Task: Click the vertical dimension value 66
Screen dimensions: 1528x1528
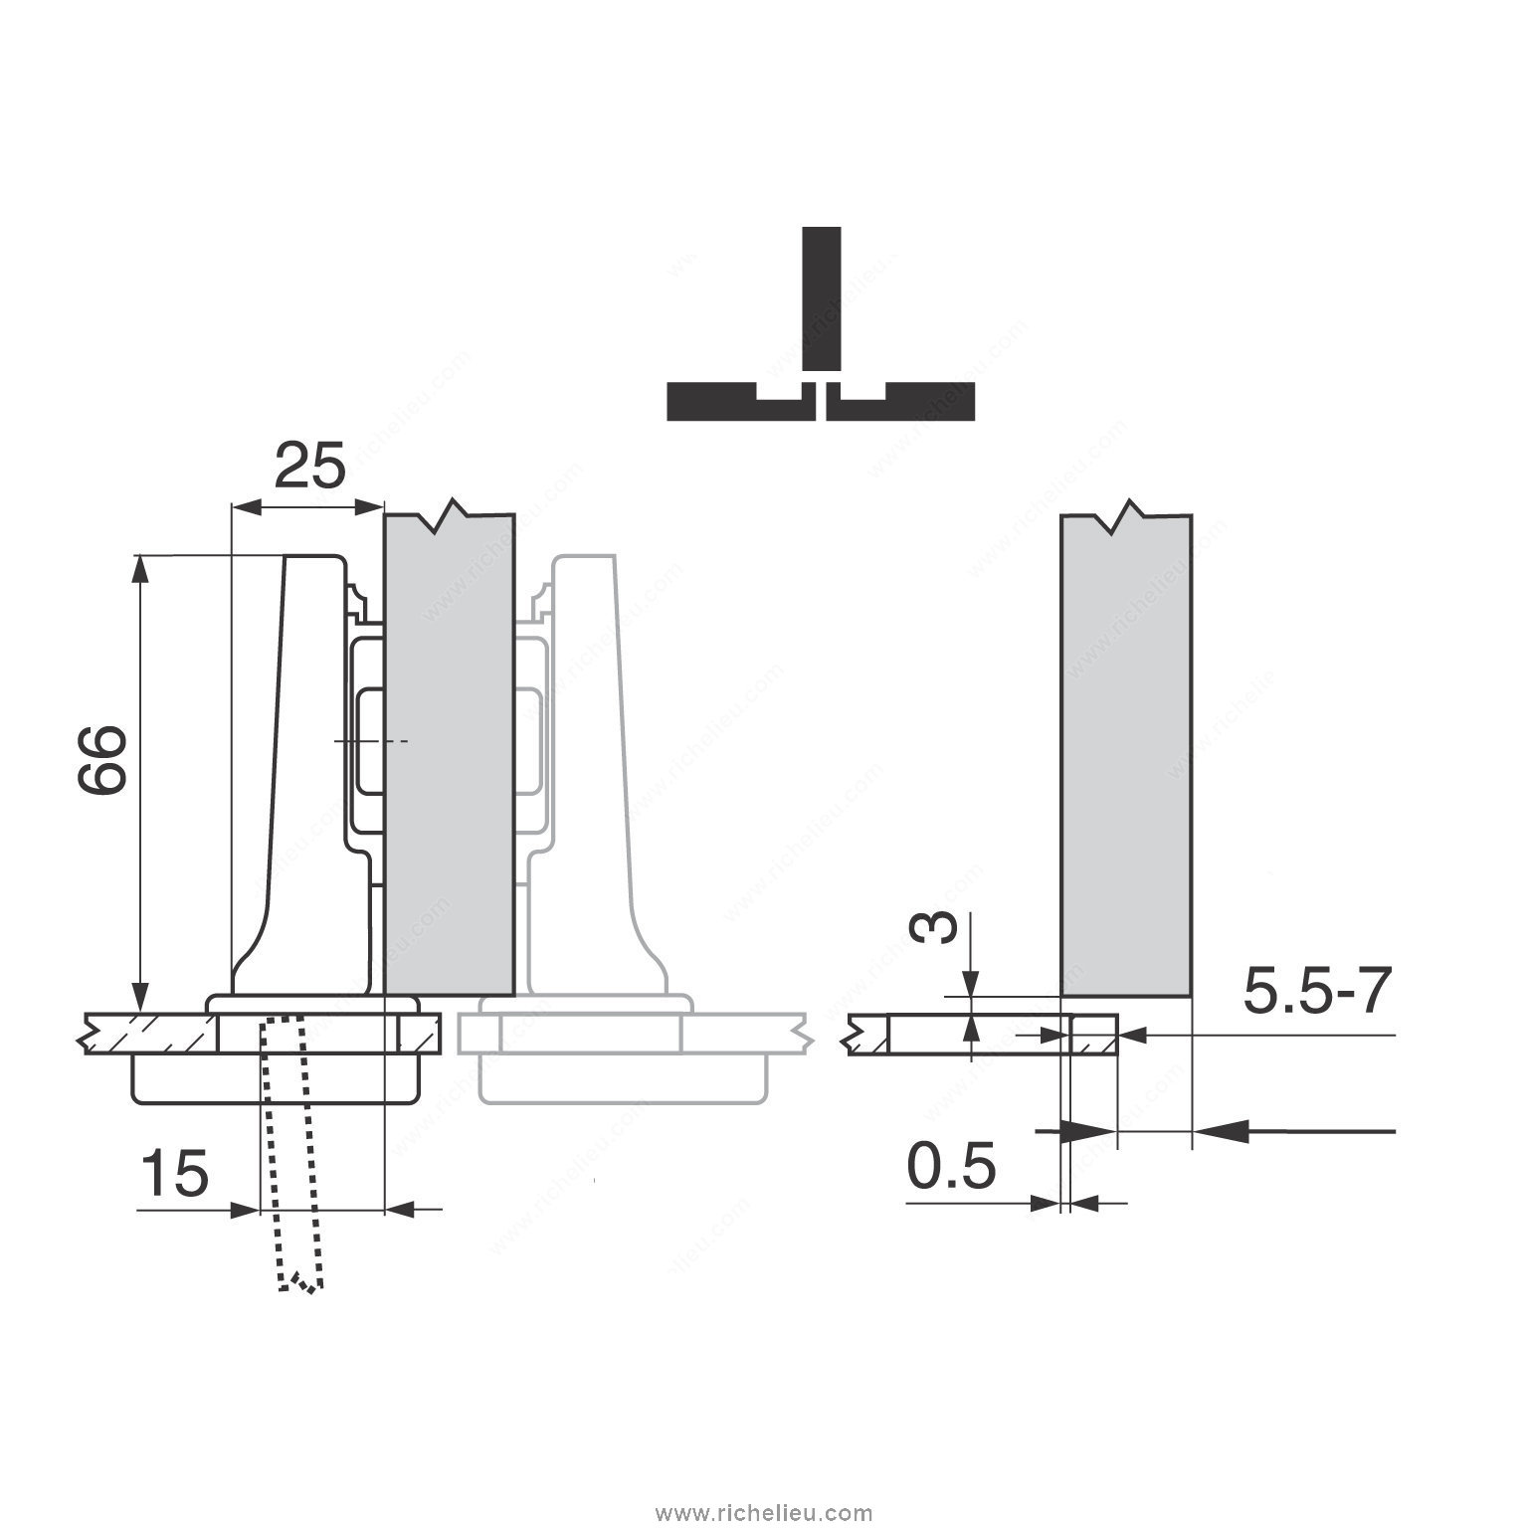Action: point(102,758)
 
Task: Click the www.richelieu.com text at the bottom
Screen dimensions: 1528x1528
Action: point(764,1513)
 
